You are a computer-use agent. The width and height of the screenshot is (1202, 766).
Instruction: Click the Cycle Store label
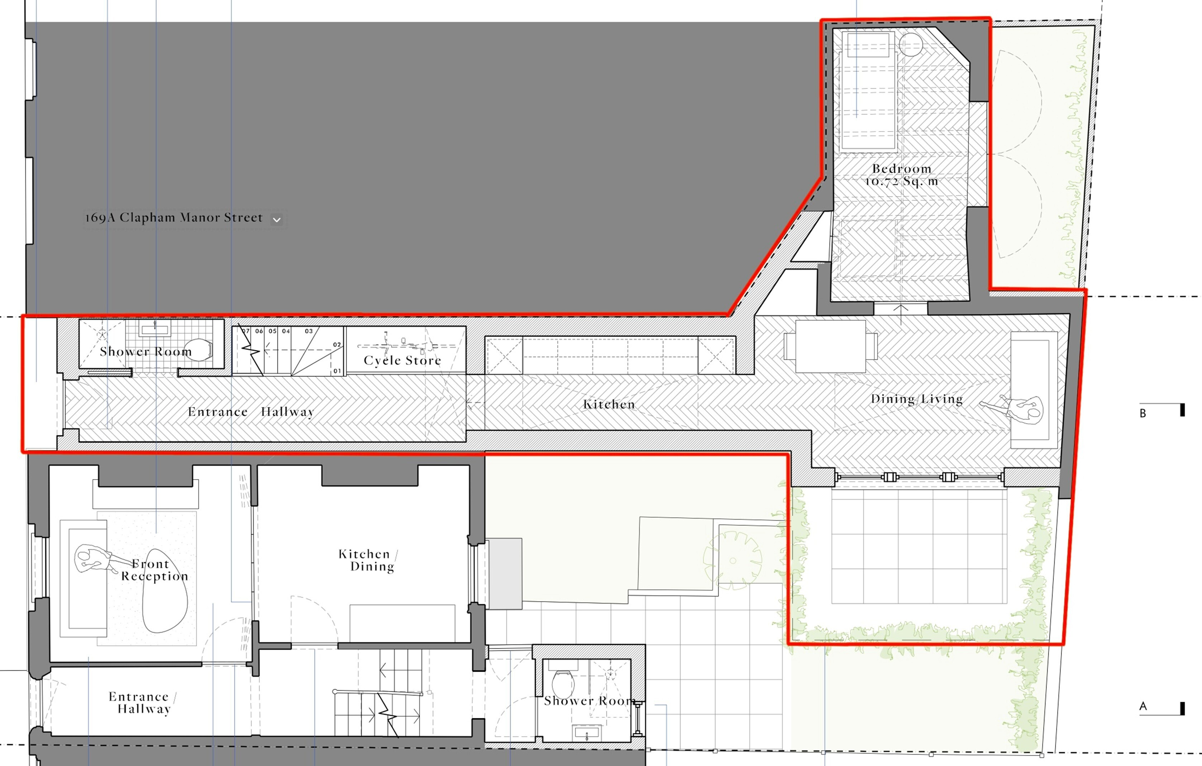click(x=402, y=360)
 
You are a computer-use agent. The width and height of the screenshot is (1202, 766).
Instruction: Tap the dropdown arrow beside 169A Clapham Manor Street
click(x=277, y=219)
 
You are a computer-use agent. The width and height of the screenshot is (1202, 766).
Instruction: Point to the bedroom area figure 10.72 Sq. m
click(x=902, y=181)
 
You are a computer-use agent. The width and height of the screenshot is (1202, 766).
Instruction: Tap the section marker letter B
click(x=1143, y=413)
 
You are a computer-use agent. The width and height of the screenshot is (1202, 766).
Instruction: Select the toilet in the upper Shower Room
click(x=199, y=350)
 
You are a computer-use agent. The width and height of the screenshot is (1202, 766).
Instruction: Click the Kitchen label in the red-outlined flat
click(x=609, y=404)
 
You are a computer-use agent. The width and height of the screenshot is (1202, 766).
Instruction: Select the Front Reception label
click(x=155, y=570)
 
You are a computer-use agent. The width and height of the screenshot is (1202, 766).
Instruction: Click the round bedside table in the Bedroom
click(x=911, y=44)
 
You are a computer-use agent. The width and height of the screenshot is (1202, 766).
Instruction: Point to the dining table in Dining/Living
click(x=831, y=346)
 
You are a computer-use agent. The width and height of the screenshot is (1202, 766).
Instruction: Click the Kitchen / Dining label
click(x=368, y=560)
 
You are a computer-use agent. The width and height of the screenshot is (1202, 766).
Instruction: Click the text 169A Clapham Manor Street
click(x=174, y=218)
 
